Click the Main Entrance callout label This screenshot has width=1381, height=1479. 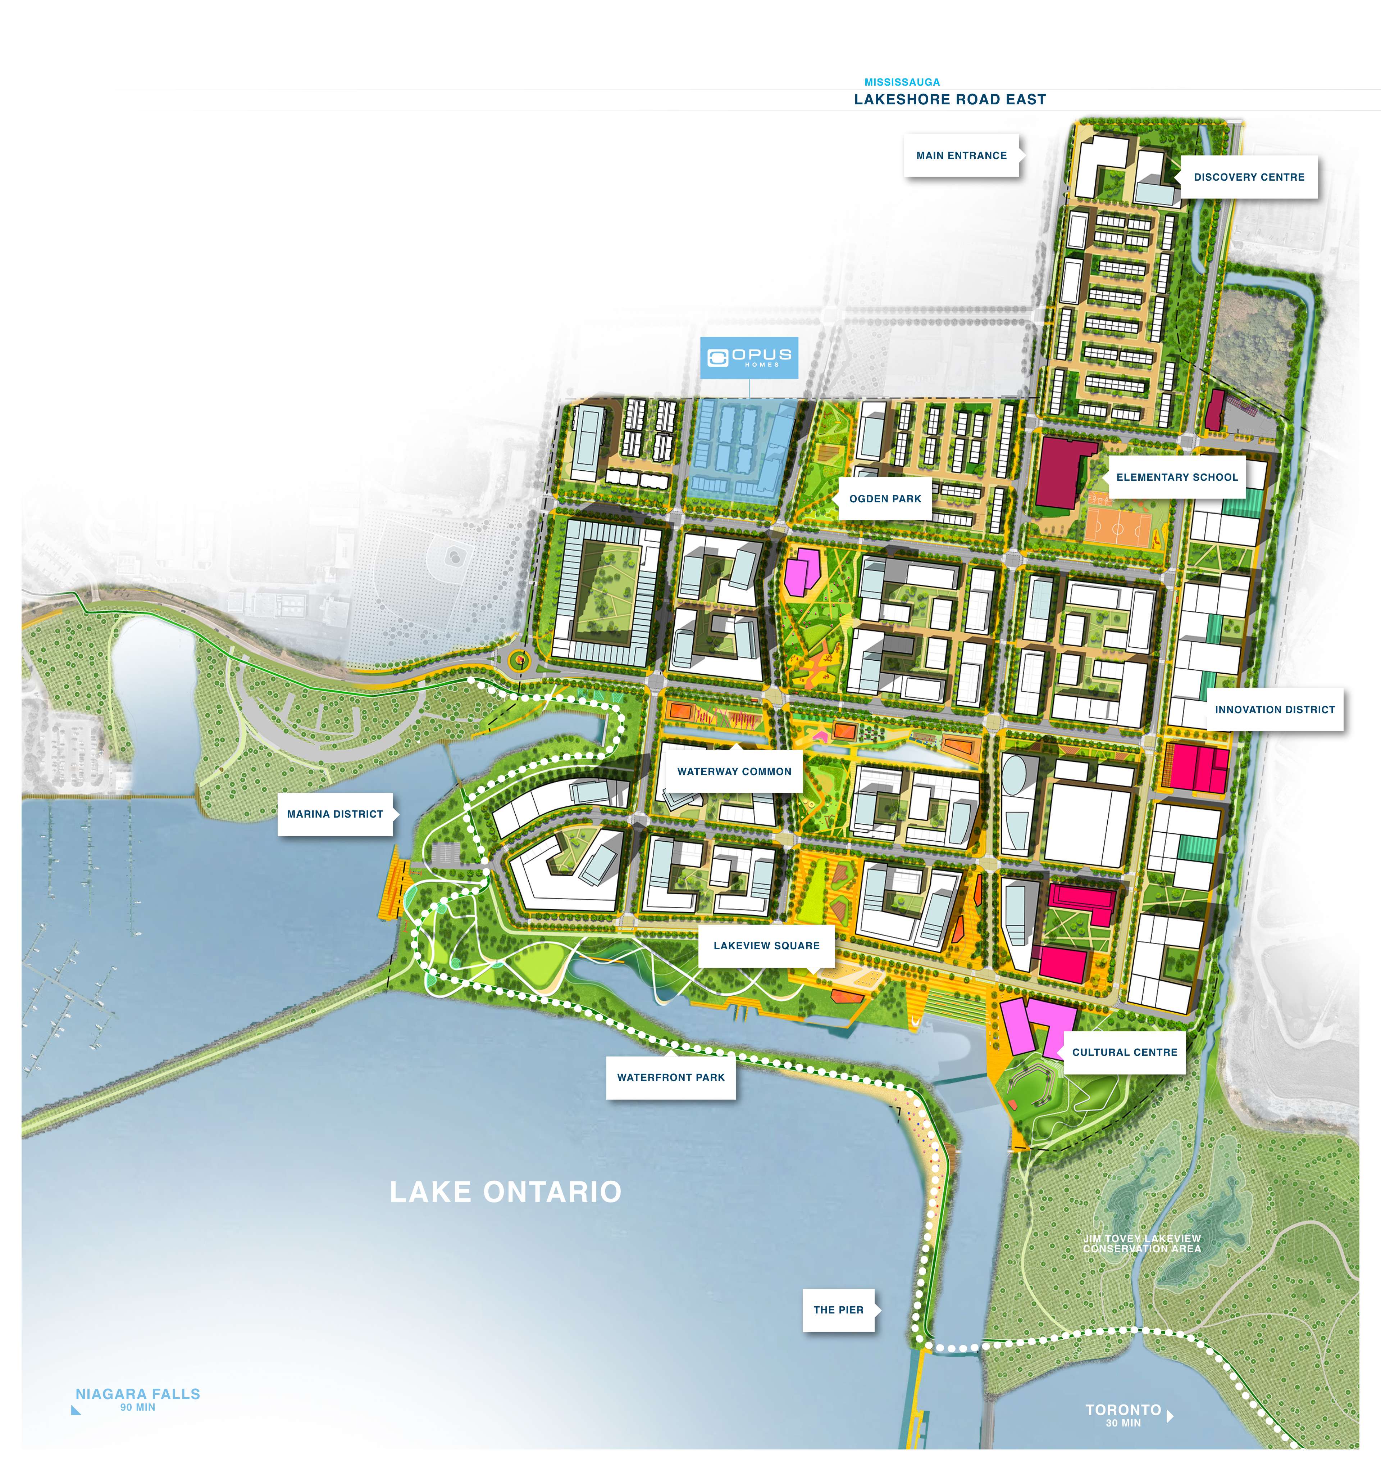(961, 155)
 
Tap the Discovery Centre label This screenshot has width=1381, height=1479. (1249, 177)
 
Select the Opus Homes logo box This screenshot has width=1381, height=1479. (749, 358)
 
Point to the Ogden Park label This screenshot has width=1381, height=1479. (885, 498)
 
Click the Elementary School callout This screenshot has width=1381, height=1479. (1176, 477)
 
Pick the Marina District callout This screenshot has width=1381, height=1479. (335, 814)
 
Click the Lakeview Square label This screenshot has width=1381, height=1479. (766, 946)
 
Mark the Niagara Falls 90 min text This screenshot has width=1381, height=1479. (138, 1399)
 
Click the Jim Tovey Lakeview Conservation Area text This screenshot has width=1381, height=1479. (1141, 1243)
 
